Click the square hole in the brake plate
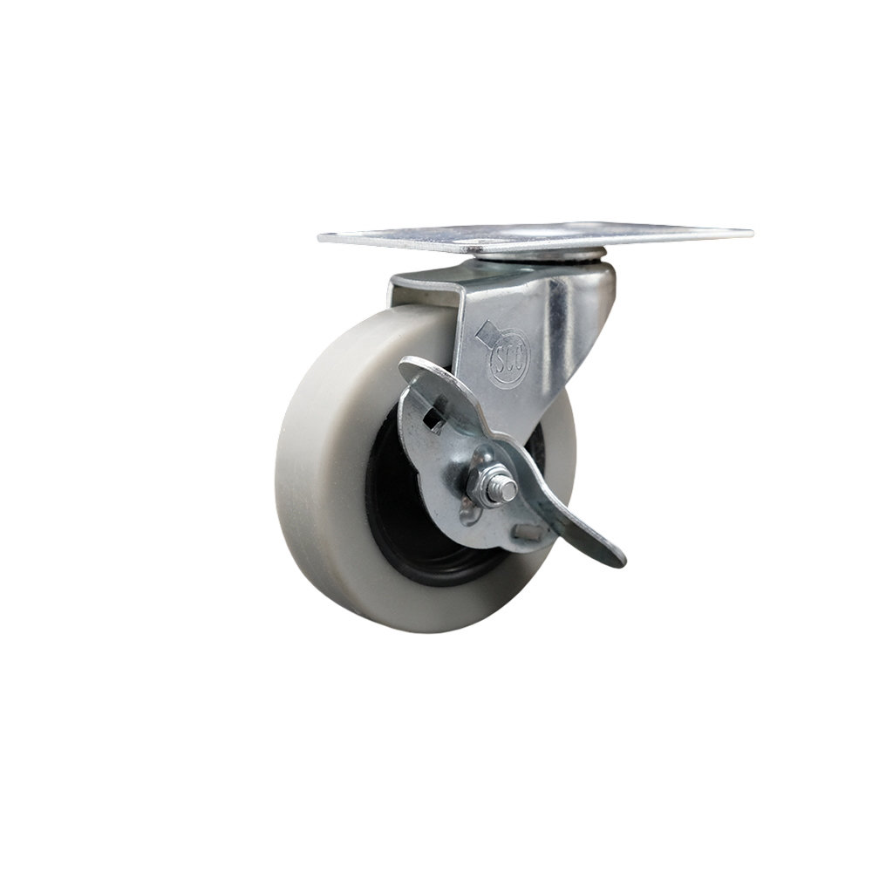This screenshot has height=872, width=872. [433, 420]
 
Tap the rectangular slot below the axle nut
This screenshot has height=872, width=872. [528, 531]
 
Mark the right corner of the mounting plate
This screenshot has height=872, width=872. [750, 234]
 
